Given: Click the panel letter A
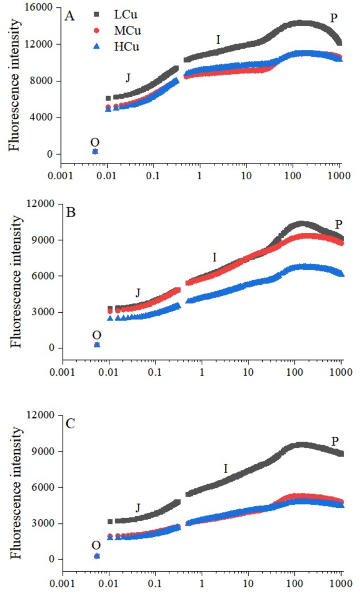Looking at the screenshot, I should click(69, 17).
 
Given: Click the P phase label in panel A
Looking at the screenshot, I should click(333, 18).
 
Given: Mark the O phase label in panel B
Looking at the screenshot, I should click(97, 335).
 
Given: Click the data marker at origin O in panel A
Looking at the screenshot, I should click(95, 151).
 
